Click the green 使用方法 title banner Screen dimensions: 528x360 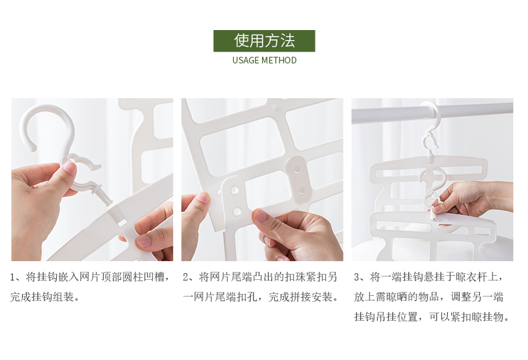[x=264, y=41]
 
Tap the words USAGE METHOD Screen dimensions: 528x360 [x=265, y=60]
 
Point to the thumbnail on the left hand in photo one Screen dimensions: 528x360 [x=70, y=168]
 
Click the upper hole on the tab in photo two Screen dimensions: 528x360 [x=235, y=190]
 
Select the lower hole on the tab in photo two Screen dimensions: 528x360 [x=237, y=211]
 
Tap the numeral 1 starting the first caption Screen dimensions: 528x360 [x=13, y=278]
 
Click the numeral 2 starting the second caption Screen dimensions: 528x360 [x=186, y=278]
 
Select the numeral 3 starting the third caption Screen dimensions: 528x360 [x=357, y=278]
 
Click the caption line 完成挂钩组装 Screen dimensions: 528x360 [x=45, y=297]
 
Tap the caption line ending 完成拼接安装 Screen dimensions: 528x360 [x=261, y=297]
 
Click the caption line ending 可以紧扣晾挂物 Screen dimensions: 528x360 [x=432, y=317]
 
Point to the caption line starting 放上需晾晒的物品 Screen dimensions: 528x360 [x=428, y=297]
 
